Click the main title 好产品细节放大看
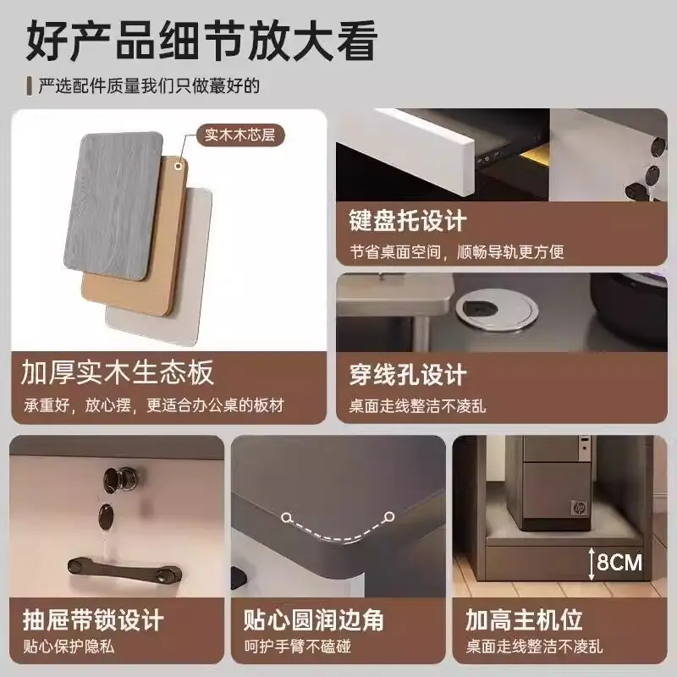202,41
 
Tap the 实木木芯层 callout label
240,135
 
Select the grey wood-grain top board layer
113,206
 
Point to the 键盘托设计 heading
408,221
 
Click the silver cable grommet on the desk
497,309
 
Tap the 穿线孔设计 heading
408,374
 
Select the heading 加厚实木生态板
118,372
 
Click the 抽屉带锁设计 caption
93,620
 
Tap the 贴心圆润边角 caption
313,620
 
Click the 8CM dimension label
619,563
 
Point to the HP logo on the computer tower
578,508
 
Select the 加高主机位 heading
524,620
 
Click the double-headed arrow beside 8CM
592,564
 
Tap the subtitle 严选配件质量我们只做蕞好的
149,86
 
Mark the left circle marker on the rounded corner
285,517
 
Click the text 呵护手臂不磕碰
298,647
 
